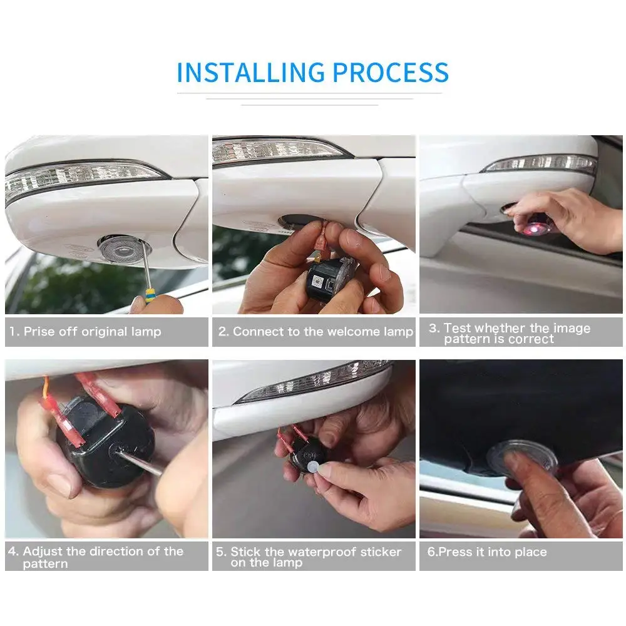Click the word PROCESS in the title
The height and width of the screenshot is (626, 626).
point(391,73)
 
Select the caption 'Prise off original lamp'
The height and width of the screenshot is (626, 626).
point(92,332)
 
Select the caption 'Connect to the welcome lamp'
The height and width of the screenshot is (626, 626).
point(322,332)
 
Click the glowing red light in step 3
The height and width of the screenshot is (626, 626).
point(533,228)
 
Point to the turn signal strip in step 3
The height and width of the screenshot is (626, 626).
point(540,163)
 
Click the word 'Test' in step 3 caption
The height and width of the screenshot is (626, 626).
point(458,328)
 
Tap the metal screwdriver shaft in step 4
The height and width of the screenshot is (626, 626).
point(140,462)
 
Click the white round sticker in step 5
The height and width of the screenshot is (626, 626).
point(314,467)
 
